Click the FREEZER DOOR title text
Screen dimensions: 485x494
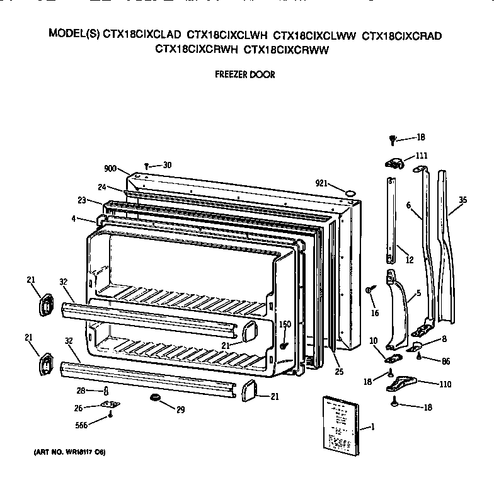[x=244, y=74]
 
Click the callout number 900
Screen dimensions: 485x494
[x=112, y=168]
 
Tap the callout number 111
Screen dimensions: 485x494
[x=420, y=156]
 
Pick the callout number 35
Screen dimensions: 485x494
[x=462, y=200]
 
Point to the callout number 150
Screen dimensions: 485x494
[x=284, y=324]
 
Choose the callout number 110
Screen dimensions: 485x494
[x=444, y=384]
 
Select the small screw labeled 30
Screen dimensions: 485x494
[x=147, y=165]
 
